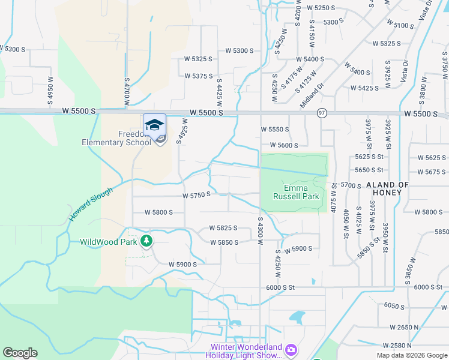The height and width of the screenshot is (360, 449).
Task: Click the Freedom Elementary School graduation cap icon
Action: [154, 124]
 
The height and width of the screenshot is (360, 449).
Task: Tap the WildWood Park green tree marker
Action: [146, 241]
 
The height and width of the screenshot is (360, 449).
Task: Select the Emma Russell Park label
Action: [295, 192]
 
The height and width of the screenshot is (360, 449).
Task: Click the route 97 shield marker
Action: [322, 113]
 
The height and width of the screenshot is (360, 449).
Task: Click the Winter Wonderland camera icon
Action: [291, 349]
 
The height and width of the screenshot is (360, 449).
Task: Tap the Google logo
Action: [20, 353]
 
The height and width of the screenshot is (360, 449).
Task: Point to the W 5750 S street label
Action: [197, 195]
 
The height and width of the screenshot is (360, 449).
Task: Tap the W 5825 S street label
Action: [223, 228]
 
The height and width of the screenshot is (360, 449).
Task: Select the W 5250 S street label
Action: [320, 8]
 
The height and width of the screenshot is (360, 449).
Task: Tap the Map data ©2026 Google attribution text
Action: [411, 355]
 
